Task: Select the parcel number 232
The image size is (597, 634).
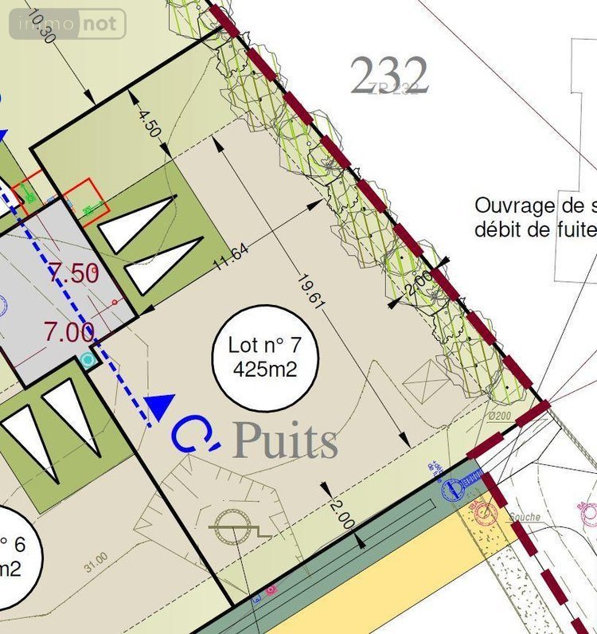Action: pos(389,76)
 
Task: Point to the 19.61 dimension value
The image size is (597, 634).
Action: pos(310,290)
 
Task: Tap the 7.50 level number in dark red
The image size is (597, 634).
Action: pos(73,274)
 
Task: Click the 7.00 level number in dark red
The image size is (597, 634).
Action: pos(69,331)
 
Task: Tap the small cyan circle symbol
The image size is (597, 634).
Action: pos(88,360)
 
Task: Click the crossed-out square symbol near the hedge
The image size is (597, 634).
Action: pos(427,382)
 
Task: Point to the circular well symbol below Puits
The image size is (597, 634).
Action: pos(233,525)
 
